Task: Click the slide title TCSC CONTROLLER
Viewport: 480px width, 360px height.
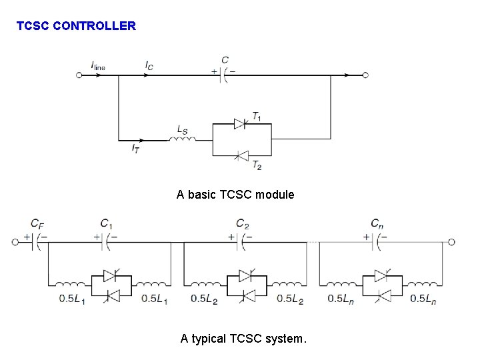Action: pos(76,27)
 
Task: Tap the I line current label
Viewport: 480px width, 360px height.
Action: pos(98,65)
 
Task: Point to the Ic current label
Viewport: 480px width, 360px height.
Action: pos(149,65)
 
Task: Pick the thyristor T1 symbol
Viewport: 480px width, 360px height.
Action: pos(241,123)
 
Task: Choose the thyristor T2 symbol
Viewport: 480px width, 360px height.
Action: pos(241,156)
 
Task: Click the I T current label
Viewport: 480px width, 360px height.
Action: pos(135,148)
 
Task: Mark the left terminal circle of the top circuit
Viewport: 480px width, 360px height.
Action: pos(79,75)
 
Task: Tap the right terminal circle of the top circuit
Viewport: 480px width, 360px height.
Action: pos(365,75)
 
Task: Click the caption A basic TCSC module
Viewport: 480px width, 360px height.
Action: pos(235,195)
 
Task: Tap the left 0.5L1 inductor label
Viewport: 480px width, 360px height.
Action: pos(71,299)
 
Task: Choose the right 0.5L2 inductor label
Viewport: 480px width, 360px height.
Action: pos(290,299)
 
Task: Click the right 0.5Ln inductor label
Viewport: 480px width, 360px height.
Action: pos(423,299)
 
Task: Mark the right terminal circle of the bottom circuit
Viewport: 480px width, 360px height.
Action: pos(451,241)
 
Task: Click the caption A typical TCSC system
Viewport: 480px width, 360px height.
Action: pos(244,339)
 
